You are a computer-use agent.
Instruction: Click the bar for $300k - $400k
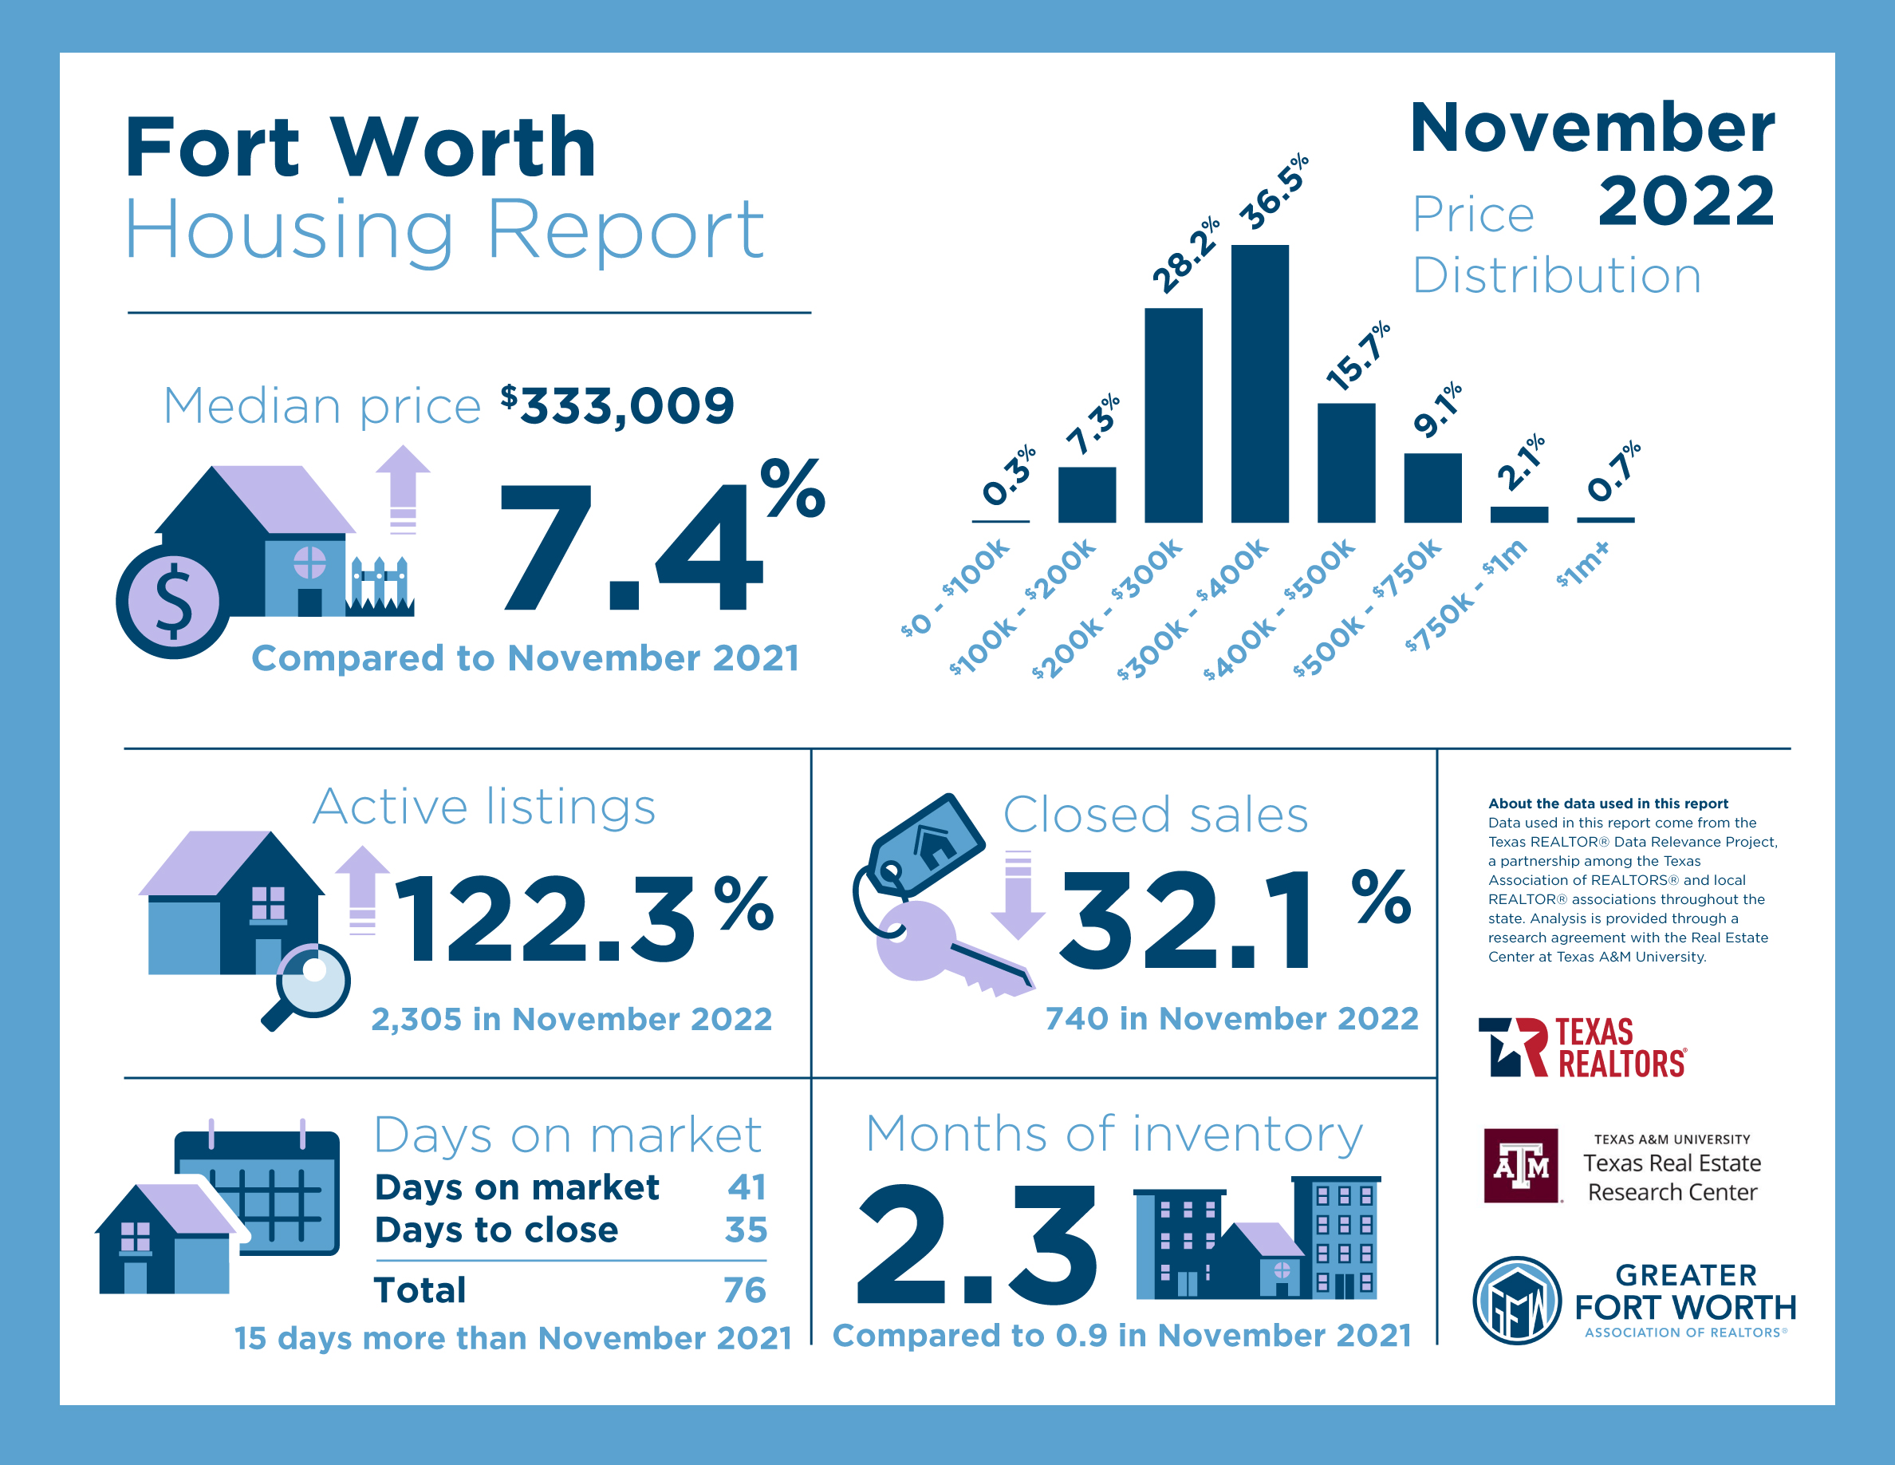click(x=1259, y=384)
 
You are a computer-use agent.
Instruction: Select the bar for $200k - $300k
click(x=1173, y=415)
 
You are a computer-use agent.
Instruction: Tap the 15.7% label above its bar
click(x=1358, y=356)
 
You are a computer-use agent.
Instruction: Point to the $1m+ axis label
click(x=1582, y=565)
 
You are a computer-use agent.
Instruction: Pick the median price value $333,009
click(x=618, y=405)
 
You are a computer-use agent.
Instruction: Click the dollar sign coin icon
click(x=174, y=602)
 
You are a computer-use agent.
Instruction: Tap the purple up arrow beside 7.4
click(x=403, y=489)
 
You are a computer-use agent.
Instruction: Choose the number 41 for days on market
click(x=747, y=1187)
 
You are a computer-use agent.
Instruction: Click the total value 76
click(x=744, y=1289)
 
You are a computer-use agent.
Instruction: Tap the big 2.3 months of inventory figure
click(x=977, y=1244)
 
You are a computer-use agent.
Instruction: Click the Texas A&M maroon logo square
click(x=1521, y=1166)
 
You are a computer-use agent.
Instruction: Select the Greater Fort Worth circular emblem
click(x=1517, y=1300)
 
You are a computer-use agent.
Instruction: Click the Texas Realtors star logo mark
click(x=1512, y=1047)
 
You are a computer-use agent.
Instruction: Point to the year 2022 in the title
click(x=1686, y=201)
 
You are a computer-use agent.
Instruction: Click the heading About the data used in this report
click(x=1608, y=804)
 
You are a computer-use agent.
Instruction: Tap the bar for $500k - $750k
click(x=1432, y=488)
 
